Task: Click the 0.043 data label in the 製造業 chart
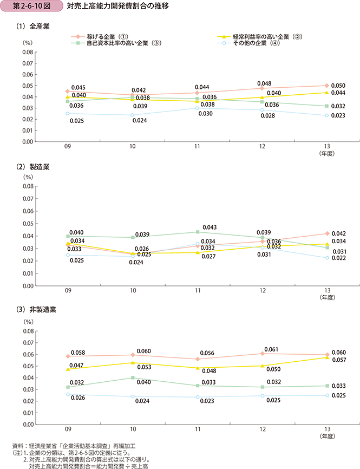[x=210, y=227]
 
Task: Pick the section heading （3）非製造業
[x=36, y=310]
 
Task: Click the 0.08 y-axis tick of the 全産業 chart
[x=28, y=52]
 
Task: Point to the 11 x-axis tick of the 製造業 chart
[x=198, y=291]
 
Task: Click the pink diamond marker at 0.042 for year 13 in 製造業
[x=326, y=234]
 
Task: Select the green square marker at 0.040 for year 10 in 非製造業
[x=133, y=377]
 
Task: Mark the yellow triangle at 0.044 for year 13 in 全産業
[x=326, y=93]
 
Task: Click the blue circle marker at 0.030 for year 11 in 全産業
[x=198, y=108]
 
